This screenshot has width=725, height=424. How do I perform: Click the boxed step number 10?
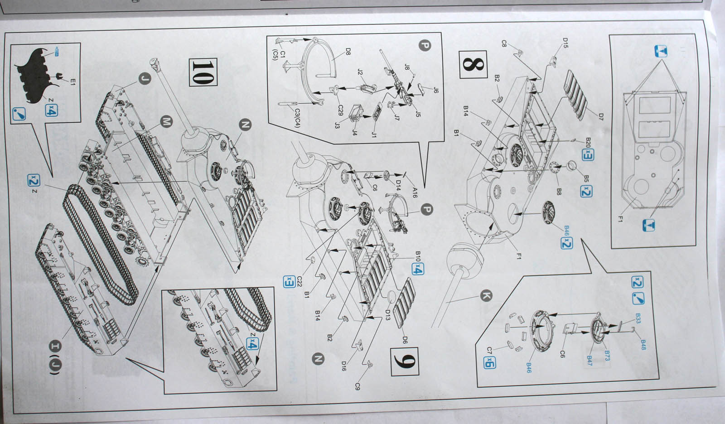202,72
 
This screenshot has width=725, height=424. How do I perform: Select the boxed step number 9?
404,362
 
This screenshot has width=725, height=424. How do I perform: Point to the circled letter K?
485,296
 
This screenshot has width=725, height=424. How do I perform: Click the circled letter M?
167,121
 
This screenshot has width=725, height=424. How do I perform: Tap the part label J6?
435,90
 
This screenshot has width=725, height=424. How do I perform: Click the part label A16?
414,193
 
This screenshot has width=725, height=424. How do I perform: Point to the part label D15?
565,43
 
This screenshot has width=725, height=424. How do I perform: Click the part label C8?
504,43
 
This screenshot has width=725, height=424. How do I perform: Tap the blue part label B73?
607,356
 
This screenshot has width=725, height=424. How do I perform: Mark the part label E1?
72,82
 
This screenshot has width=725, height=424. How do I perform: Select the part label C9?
358,386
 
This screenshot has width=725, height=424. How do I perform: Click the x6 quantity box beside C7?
489,362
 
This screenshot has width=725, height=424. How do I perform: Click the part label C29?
341,111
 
